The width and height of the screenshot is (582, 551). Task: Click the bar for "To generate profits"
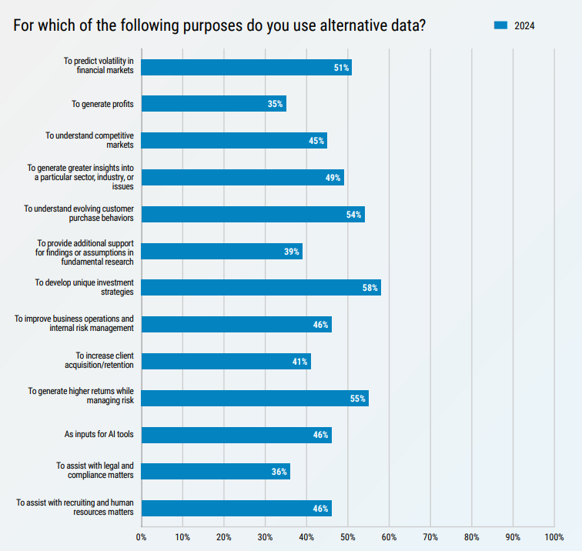coord(213,104)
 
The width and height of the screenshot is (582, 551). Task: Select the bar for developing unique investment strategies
coord(261,288)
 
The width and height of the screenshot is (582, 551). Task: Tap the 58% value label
coord(370,289)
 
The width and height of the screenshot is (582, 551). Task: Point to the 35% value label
coord(276,104)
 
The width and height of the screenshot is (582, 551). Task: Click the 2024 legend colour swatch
coord(500,26)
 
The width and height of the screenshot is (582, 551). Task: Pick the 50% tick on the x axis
coord(348,536)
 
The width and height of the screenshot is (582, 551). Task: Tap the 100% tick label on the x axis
coord(554,536)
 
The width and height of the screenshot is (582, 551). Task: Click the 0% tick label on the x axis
coord(142,536)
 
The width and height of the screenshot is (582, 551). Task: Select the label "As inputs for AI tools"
coord(99,435)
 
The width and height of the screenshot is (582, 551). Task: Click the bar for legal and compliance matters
coord(216,472)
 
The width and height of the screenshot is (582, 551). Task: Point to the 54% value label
coord(354,215)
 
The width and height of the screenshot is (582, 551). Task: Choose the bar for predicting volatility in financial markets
coord(246,67)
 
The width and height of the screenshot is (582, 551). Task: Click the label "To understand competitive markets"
coord(89,140)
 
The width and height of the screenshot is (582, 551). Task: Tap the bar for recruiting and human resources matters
coord(236,509)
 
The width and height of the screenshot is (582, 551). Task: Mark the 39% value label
coord(292,252)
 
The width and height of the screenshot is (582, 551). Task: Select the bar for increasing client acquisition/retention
coord(226,362)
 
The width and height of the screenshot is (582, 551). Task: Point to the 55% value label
coord(358,399)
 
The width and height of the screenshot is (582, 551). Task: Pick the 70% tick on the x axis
coord(430,536)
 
